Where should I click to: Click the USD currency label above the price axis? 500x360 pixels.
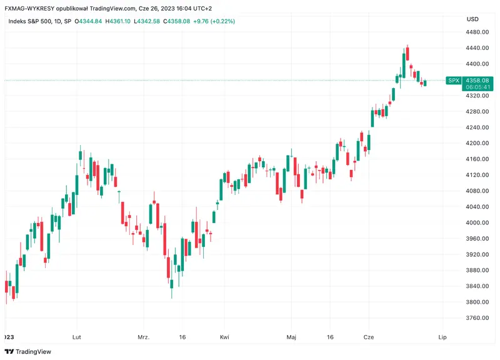(472, 19)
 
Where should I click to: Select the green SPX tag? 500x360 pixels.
(453, 81)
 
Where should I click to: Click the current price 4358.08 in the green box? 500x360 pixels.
(477, 81)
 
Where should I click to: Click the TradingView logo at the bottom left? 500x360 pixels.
(30, 352)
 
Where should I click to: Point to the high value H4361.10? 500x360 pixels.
(118, 21)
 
